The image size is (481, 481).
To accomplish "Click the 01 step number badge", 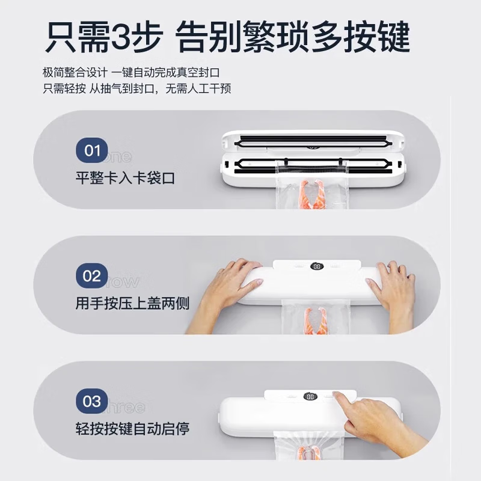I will (x=92, y=150).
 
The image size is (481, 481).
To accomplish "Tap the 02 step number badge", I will (x=92, y=276).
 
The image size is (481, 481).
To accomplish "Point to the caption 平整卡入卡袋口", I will (x=125, y=179).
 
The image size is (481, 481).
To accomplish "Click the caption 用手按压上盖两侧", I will (x=132, y=304).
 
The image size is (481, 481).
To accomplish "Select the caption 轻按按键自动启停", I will (x=132, y=429).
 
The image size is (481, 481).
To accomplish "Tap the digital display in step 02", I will (x=317, y=266).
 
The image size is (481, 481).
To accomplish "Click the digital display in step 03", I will (x=310, y=397).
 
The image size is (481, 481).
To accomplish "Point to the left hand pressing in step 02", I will (x=225, y=292).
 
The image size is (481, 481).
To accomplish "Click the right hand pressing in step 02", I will (x=394, y=292).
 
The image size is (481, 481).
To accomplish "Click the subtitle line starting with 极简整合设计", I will (x=131, y=72).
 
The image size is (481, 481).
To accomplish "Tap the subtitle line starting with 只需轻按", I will (x=137, y=88).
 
